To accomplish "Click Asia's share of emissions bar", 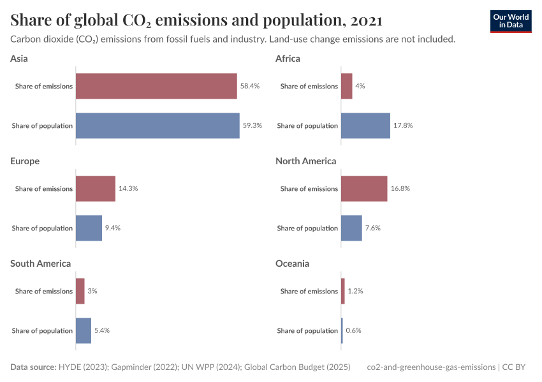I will click(156, 86).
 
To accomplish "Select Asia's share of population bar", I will click(157, 125).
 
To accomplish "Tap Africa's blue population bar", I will click(365, 125).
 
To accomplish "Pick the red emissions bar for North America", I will click(364, 188).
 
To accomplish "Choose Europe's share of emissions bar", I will click(96, 188).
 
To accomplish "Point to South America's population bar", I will click(84, 330).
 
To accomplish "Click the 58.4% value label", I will click(250, 86).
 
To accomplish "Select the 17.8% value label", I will click(403, 125).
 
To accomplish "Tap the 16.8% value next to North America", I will click(400, 188).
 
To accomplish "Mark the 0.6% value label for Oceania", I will click(353, 330).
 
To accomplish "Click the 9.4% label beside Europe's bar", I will click(113, 228).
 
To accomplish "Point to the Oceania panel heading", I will click(292, 264).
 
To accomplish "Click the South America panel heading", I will click(41, 264).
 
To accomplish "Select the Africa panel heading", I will click(288, 59).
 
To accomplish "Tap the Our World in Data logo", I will click(511, 21).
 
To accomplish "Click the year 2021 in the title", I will click(366, 20).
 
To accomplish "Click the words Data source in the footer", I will click(33, 367).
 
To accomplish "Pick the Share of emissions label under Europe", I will click(44, 188).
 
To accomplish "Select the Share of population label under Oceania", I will click(307, 330).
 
